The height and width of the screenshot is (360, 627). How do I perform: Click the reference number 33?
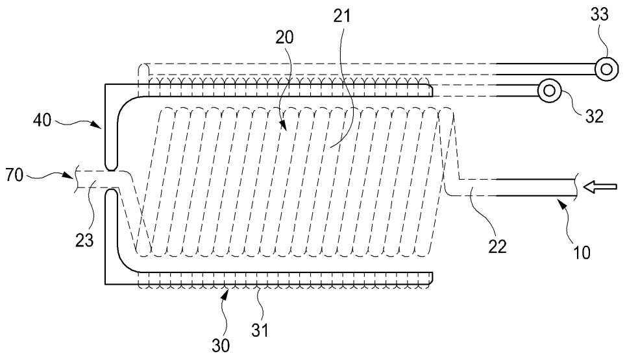[600, 15]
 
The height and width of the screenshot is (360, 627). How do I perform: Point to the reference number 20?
[284, 38]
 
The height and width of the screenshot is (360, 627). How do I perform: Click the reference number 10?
[582, 250]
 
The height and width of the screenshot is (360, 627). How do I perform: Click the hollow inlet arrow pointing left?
[598, 187]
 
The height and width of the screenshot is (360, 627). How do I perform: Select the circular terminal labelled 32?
[549, 91]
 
